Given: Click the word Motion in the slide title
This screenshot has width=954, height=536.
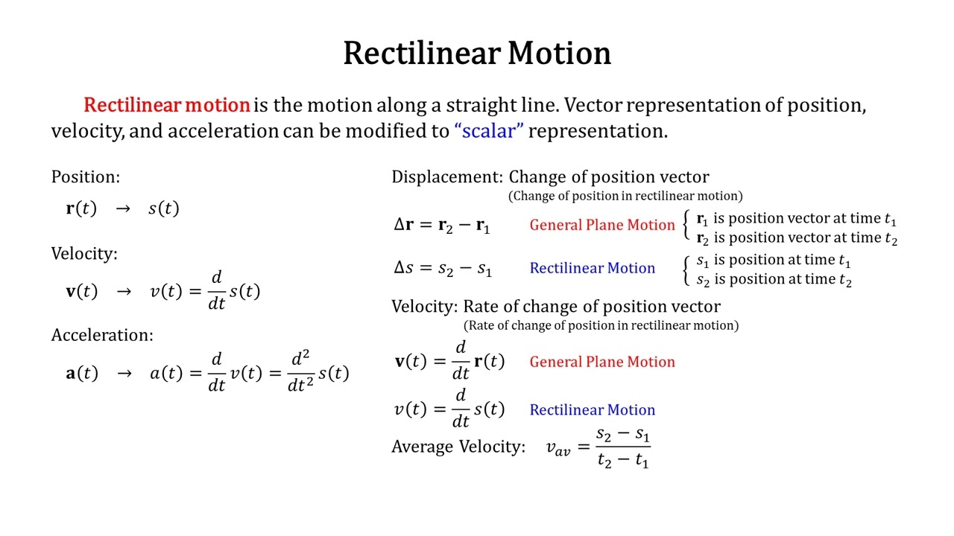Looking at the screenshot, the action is pos(560,53).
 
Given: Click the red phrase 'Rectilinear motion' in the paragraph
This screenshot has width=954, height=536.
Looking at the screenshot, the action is pos(166,105).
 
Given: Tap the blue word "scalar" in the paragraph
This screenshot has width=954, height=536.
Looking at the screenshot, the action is pos(489,130).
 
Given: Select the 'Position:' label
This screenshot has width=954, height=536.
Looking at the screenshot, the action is pos(86,176).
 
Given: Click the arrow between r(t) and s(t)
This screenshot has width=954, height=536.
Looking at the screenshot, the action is pos(123,208).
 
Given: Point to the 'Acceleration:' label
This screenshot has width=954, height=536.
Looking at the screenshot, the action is pos(102,335).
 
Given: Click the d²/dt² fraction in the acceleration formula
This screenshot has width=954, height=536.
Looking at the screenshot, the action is pos(300,371).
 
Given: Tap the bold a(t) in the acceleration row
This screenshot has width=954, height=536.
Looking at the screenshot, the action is pos(82,373).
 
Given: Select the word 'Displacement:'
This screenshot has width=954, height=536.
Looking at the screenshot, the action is pos(447,176).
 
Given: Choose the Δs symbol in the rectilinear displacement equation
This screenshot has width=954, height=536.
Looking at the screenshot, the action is pos(403,267).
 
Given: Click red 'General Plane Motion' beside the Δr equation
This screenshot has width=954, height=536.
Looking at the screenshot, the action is pos(602,225).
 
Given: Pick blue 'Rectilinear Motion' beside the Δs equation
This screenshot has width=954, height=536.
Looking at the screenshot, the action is pos(593,268).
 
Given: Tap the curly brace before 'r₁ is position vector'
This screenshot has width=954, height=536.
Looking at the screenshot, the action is pos(685,225).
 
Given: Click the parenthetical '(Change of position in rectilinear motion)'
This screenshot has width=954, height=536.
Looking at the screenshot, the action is pos(625,196).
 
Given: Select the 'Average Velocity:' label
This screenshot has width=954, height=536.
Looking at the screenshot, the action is pos(458,447).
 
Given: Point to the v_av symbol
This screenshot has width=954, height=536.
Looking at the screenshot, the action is pos(558,448).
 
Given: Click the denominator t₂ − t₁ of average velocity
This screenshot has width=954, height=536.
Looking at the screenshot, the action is pos(623,460).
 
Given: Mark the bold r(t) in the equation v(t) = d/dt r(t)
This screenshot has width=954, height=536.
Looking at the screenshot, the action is pos(489,361).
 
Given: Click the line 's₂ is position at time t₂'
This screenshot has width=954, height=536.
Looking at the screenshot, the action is pos(774,279).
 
